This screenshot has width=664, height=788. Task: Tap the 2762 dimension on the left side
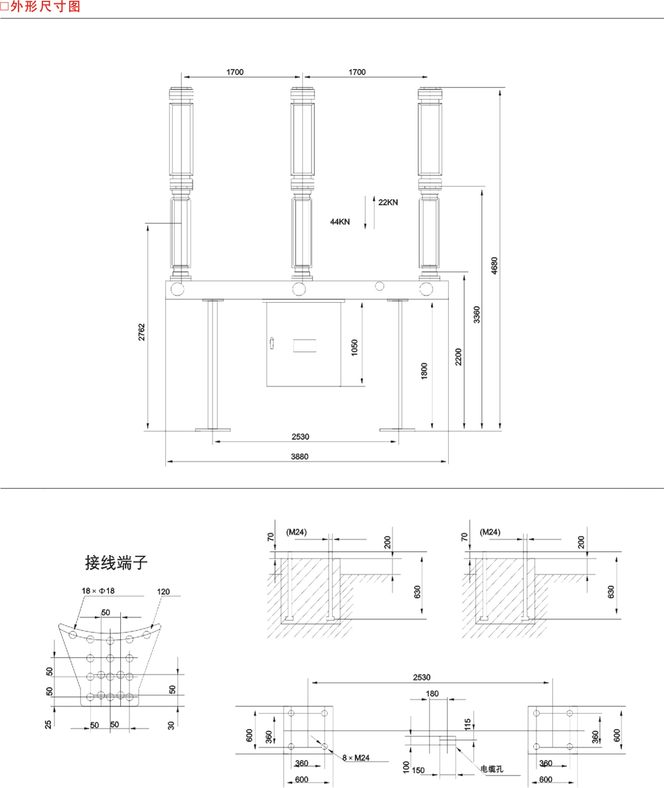141,332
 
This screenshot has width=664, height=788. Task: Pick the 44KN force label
340,222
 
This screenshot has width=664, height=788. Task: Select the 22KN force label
388,203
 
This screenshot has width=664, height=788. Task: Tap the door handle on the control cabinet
271,343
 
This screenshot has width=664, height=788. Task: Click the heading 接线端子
116,563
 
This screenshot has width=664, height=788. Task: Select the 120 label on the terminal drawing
163,591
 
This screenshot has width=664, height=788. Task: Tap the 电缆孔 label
492,769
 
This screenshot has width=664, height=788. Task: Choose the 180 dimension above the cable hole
432,694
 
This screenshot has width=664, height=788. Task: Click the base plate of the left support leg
213,430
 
